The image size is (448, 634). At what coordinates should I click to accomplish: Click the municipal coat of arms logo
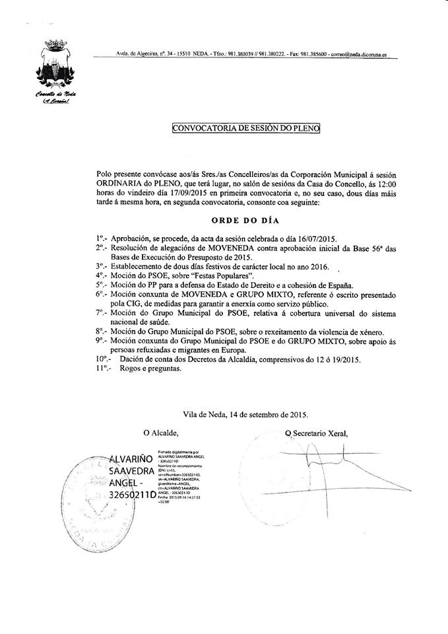[52, 66]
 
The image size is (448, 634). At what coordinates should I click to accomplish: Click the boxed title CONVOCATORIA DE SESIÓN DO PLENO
[245, 127]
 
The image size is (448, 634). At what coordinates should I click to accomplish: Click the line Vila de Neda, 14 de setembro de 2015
[245, 415]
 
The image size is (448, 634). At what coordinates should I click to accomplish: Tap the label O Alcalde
[161, 433]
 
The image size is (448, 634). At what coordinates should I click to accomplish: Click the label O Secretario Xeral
[316, 433]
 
